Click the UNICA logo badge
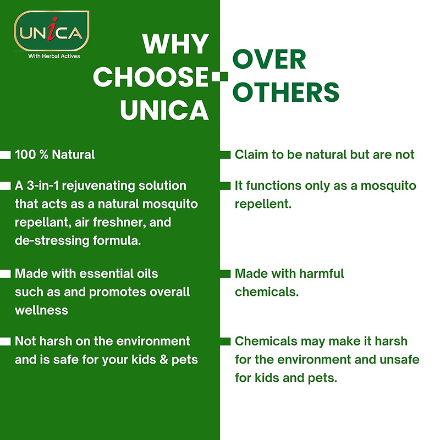pos(52,31)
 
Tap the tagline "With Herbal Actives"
pos(54,56)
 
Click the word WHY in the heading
pos(175,44)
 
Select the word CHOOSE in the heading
pos(151,76)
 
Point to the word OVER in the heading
pos(269,59)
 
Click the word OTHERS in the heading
pos(286,92)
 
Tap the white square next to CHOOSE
pos(219,76)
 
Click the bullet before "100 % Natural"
pos(5,155)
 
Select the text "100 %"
pos(31,155)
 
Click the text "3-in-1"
pos(43,186)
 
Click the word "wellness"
pos(42,310)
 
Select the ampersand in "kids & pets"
pos(163,360)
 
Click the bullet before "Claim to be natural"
pos(225,155)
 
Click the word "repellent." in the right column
pos(263,204)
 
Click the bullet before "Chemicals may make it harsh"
pos(225,341)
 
